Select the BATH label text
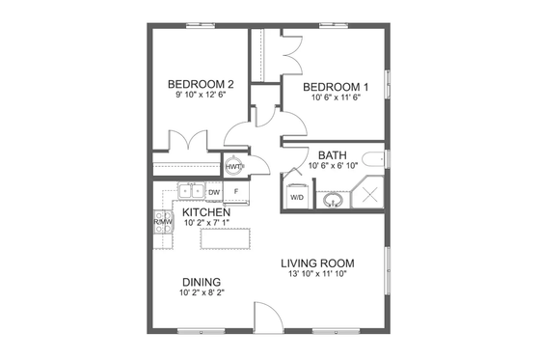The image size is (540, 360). (x=333, y=154)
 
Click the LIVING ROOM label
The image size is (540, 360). (x=317, y=263)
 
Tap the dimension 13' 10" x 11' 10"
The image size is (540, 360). (x=317, y=275)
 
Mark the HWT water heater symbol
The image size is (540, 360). (x=233, y=166)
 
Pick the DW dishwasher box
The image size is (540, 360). (x=214, y=191)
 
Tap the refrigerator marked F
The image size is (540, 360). (x=236, y=191)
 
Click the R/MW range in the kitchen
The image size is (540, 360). (x=162, y=222)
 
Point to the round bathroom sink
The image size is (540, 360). (x=333, y=201)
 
